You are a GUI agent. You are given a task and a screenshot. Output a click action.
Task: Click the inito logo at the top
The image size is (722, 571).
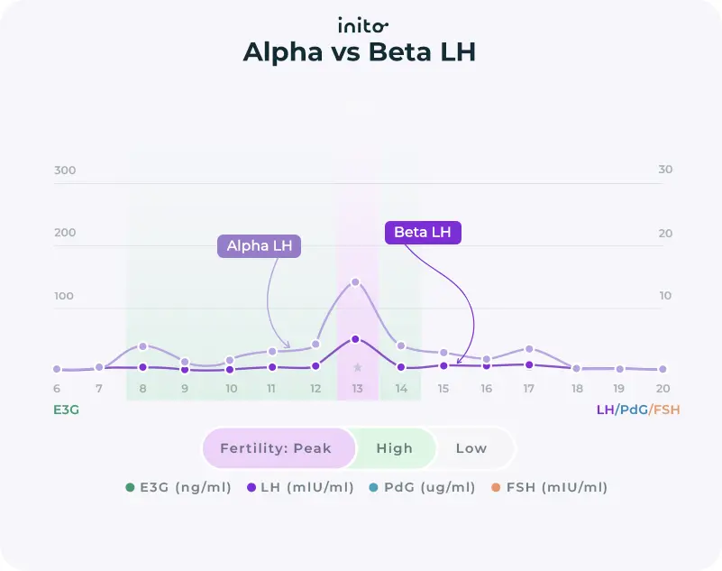coord(362,24)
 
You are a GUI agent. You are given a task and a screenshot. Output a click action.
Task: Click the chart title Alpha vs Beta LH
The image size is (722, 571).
coord(359,53)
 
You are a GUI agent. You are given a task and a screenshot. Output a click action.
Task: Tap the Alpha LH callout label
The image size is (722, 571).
coord(260,246)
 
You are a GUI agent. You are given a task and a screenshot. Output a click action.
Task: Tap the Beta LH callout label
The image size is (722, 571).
coord(423,233)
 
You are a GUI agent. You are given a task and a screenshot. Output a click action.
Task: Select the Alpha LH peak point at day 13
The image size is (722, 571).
coord(355,282)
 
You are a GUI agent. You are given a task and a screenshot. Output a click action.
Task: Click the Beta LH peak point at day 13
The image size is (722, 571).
coord(355,339)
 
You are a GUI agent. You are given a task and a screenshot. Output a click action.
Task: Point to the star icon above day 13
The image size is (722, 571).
coord(357,367)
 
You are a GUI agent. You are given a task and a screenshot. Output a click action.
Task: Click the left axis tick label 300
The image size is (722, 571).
coord(65,170)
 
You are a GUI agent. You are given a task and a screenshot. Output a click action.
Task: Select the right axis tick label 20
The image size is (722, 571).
coord(665,234)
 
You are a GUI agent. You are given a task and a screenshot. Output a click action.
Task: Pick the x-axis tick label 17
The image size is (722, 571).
coord(529,389)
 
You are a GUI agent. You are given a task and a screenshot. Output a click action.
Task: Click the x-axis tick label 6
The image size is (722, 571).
coord(57,389)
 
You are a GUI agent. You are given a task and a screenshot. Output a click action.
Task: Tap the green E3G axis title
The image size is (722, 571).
coord(67,410)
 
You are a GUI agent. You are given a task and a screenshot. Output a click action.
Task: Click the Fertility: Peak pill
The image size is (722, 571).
coord(276,448)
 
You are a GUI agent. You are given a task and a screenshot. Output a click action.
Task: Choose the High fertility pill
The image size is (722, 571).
coord(394,448)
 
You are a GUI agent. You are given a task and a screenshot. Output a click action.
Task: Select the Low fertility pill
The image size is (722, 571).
coord(471,448)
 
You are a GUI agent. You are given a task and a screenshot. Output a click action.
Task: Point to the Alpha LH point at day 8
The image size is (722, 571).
coord(142,346)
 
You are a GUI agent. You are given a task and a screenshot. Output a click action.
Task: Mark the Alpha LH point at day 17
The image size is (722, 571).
coord(529,349)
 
